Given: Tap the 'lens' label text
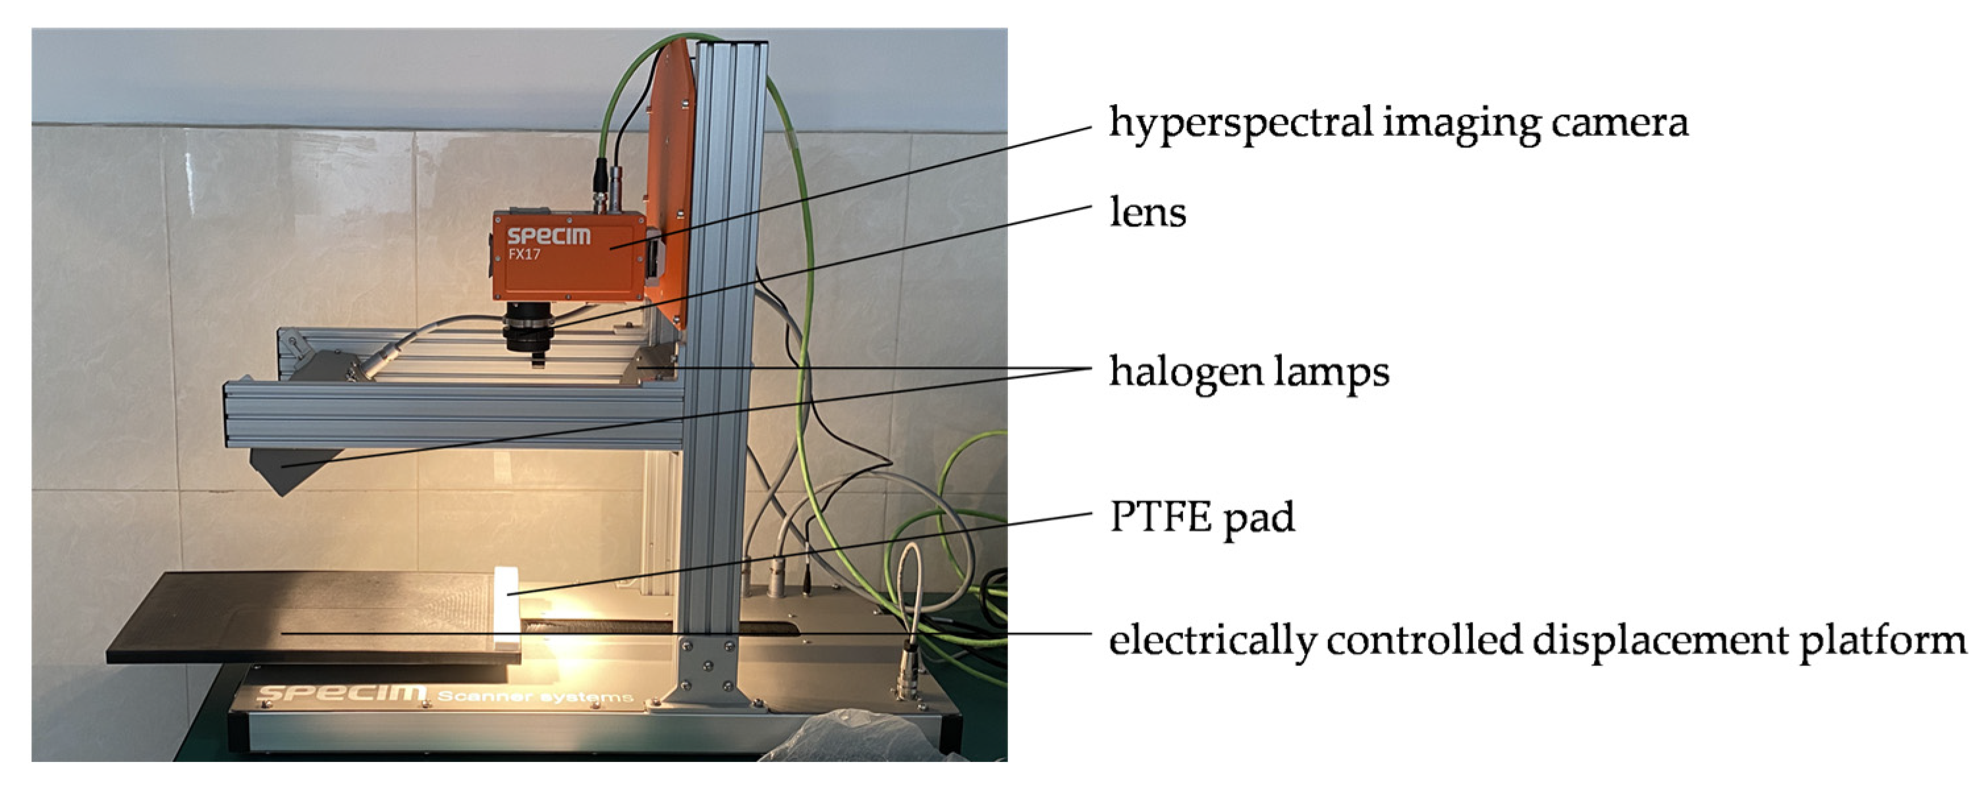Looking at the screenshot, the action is pyautogui.click(x=1147, y=212).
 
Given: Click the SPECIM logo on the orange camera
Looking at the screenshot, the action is pyautogui.click(x=549, y=235).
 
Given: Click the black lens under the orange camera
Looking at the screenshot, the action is pyautogui.click(x=528, y=329).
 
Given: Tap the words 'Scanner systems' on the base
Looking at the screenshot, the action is pyautogui.click(x=536, y=697).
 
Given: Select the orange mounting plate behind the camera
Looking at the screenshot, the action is pyautogui.click(x=669, y=177).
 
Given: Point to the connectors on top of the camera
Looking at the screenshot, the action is pyautogui.click(x=608, y=184).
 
